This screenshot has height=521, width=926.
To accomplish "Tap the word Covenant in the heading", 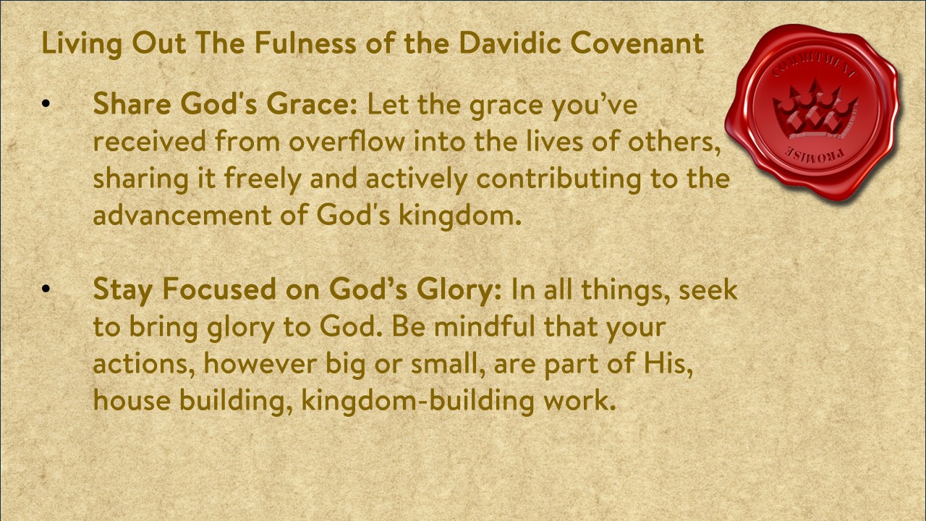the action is (x=637, y=43).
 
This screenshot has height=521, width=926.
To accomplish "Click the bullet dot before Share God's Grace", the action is (x=46, y=103).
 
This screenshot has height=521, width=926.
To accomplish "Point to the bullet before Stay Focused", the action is (x=46, y=289).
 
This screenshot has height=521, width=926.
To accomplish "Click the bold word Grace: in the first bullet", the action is (x=312, y=103).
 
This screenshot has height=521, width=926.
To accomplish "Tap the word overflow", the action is (x=347, y=140).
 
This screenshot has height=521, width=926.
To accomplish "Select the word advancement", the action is (x=182, y=215).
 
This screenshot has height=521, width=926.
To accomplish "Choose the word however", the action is (x=260, y=364).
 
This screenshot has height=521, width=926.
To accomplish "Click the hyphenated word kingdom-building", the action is (x=417, y=401).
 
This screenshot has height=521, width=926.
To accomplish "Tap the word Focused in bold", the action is (x=218, y=289).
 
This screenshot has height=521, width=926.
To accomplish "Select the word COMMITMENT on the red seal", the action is (x=815, y=67).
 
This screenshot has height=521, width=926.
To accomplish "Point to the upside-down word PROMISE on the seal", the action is (x=815, y=156).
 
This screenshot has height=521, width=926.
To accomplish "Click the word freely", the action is (x=262, y=179).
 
